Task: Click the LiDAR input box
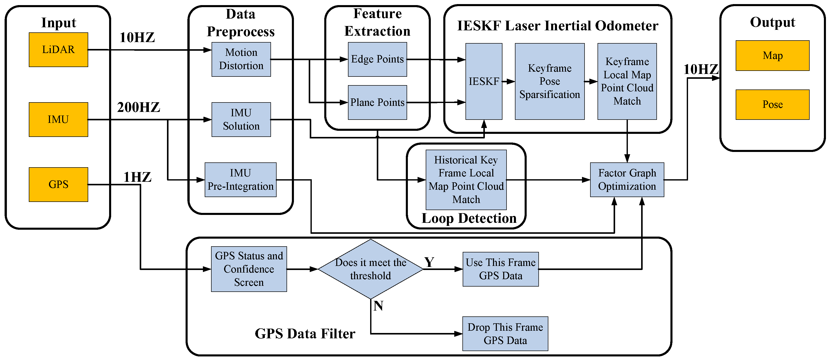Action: click(58, 49)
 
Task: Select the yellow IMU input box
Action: click(58, 120)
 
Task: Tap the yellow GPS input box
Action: click(58, 185)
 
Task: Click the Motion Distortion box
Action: click(241, 59)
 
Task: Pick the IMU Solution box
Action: click(241, 120)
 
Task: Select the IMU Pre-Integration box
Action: click(240, 180)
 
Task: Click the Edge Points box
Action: click(377, 59)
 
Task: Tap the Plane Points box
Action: click(377, 102)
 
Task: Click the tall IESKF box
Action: click(484, 82)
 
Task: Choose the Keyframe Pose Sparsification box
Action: click(550, 82)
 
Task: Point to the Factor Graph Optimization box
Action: click(627, 180)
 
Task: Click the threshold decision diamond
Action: click(370, 269)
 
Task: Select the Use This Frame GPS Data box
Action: click(500, 269)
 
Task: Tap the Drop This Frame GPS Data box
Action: click(505, 333)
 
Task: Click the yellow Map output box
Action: click(772, 55)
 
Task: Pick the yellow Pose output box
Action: click(772, 105)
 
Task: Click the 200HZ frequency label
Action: click(138, 107)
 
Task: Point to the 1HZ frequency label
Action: click(137, 177)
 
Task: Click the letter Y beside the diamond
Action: click(429, 262)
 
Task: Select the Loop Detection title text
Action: click(469, 218)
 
